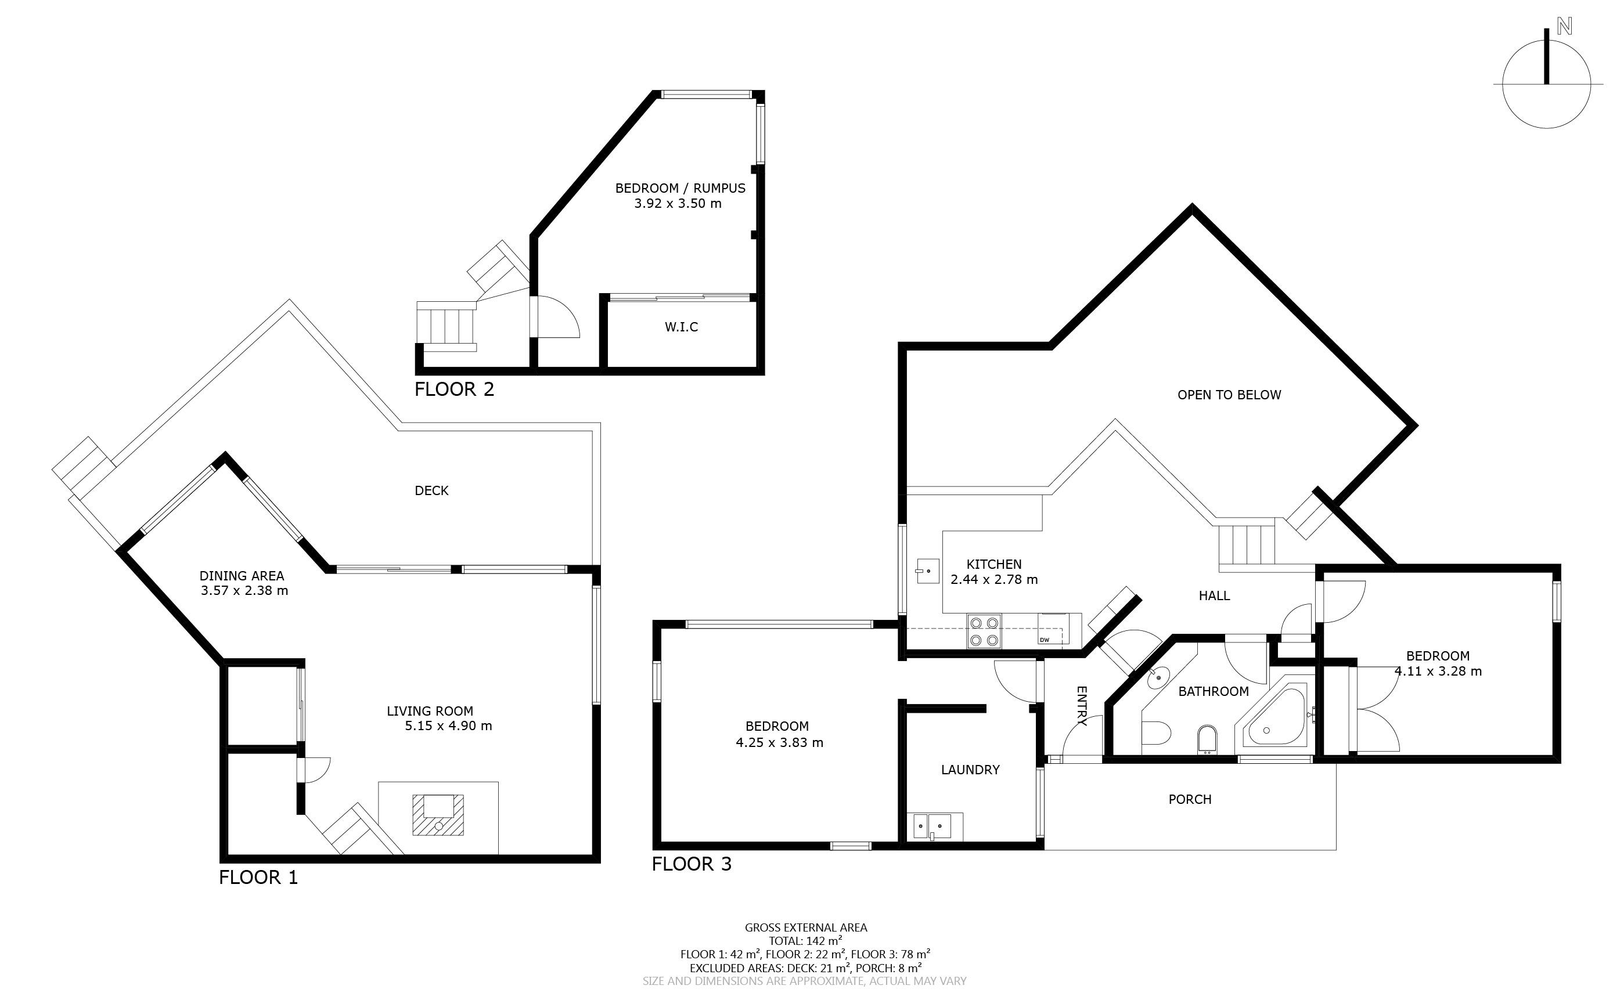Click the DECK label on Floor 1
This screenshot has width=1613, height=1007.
(432, 491)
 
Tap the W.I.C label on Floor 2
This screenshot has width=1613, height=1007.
(682, 327)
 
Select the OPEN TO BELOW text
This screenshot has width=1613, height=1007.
(1229, 395)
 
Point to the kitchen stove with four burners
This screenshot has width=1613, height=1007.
(984, 631)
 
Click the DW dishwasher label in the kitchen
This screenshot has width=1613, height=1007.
(1044, 640)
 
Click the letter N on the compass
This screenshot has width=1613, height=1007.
(1564, 45)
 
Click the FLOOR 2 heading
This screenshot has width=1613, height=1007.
(455, 389)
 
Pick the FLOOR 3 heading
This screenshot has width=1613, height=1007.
(692, 864)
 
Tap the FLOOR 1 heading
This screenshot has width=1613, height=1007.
(258, 878)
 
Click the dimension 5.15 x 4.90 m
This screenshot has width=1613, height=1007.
(448, 726)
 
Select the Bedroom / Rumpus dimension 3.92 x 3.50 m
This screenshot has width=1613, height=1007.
(678, 204)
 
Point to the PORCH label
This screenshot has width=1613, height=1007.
(1190, 799)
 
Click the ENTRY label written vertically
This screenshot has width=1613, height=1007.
(1081, 706)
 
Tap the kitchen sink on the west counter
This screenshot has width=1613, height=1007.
(927, 571)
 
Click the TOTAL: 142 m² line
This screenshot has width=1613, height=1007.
(805, 941)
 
